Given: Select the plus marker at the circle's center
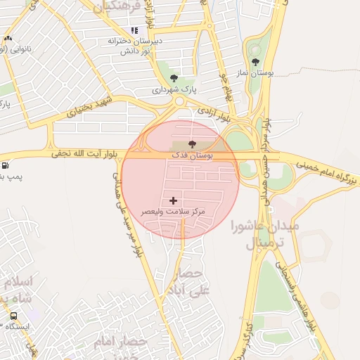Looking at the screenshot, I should click(x=174, y=201).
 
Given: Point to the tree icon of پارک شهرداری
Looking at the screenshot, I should click(x=174, y=79).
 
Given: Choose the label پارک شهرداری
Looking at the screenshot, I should click(x=174, y=90).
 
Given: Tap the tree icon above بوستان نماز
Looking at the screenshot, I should click(x=255, y=61).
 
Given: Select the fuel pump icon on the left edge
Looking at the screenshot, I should click(x=6, y=166).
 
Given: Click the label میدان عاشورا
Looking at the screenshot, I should click(x=264, y=226).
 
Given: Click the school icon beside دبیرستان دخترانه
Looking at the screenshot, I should click(x=134, y=30).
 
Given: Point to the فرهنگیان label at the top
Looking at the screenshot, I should click(x=117, y=6).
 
